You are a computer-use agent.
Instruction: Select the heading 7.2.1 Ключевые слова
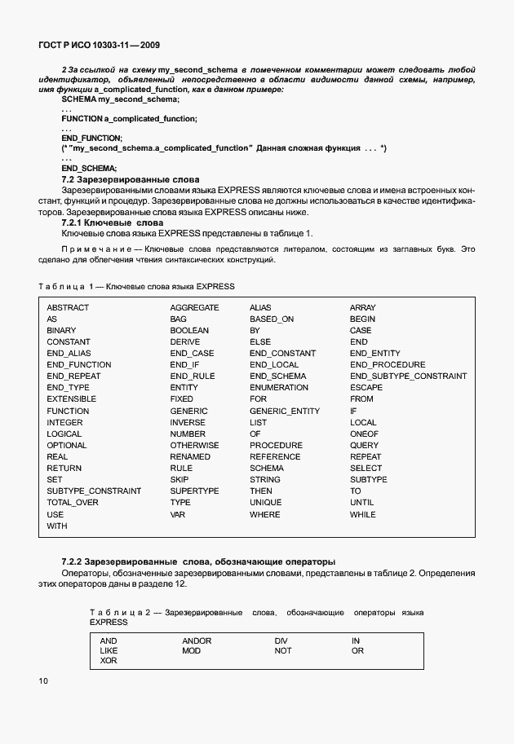113,222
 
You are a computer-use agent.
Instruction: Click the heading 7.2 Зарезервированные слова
131,178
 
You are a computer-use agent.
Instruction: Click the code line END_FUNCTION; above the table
91,139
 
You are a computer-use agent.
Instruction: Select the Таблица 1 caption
136,286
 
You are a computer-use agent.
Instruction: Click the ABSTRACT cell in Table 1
68,308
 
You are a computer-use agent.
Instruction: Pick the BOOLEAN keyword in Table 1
189,331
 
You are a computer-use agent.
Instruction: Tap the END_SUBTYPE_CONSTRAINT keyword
408,376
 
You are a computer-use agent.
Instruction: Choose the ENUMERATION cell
279,388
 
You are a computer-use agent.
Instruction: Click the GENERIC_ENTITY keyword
285,412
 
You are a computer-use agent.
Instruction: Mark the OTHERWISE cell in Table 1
194,446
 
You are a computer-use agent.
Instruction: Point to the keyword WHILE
362,515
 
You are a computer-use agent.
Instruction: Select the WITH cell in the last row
57,526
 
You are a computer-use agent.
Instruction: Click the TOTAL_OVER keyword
73,504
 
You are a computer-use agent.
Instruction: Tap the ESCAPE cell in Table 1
366,388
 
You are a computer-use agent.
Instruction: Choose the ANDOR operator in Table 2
197,641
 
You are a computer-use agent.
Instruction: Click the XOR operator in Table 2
109,661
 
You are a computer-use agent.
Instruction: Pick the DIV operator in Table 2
281,641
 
